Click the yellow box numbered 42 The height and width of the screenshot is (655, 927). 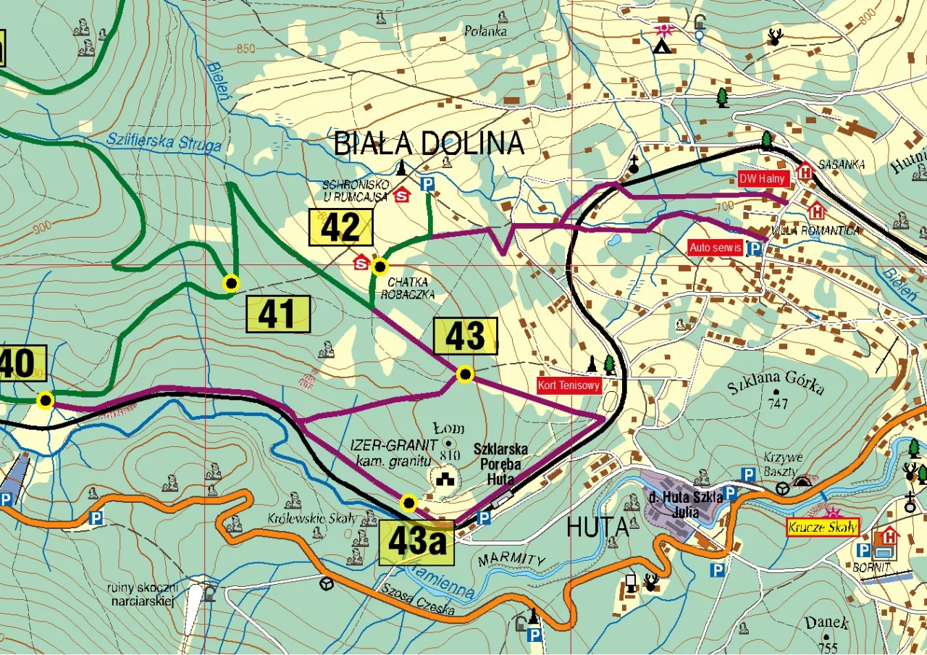[x=341, y=228]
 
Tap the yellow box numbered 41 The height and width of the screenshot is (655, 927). [x=278, y=314]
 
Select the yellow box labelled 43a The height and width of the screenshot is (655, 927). [x=416, y=542]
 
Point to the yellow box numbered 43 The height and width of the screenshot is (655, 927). [x=465, y=336]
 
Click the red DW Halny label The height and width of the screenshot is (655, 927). [x=762, y=179]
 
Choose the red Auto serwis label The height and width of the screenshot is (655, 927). [x=716, y=248]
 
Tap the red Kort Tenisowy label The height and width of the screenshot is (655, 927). [x=569, y=385]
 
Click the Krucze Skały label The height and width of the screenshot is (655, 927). [x=823, y=527]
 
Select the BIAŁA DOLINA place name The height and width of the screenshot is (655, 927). [x=428, y=143]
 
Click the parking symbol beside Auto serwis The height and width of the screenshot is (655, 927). [x=755, y=249]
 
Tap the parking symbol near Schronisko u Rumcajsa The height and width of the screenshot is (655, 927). [x=427, y=185]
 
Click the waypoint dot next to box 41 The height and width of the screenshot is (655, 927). [x=231, y=283]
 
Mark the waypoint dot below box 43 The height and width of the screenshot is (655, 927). [x=465, y=375]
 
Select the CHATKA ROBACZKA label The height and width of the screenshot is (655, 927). [x=409, y=288]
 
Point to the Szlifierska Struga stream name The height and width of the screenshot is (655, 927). [x=163, y=141]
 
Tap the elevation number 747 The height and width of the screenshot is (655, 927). [x=778, y=404]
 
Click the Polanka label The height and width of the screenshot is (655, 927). [x=487, y=31]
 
